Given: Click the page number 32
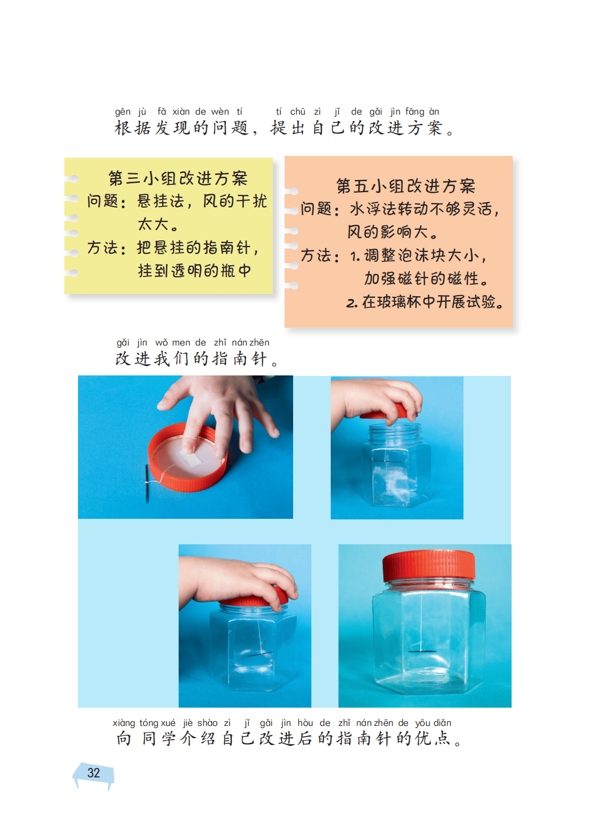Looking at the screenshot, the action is tap(93, 773).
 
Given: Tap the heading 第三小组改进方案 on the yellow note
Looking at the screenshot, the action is tap(178, 178).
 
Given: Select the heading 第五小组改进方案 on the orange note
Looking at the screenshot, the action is tap(406, 186).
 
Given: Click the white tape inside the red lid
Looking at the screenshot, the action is tap(191, 458).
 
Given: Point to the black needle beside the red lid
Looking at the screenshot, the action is tap(147, 484).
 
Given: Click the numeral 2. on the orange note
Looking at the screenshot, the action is tap(352, 303).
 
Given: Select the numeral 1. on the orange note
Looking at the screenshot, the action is tap(355, 256).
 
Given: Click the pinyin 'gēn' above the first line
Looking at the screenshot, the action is tap(122, 112).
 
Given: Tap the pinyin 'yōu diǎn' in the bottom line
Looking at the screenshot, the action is tap(433, 723).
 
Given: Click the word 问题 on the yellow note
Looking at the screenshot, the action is tap(103, 202).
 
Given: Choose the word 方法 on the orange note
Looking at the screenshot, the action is tap(316, 256).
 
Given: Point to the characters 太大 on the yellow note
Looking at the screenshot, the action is tap(153, 224).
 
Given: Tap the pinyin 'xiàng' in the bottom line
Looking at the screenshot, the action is tap(123, 723).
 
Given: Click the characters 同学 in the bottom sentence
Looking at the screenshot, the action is tap(158, 739).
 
